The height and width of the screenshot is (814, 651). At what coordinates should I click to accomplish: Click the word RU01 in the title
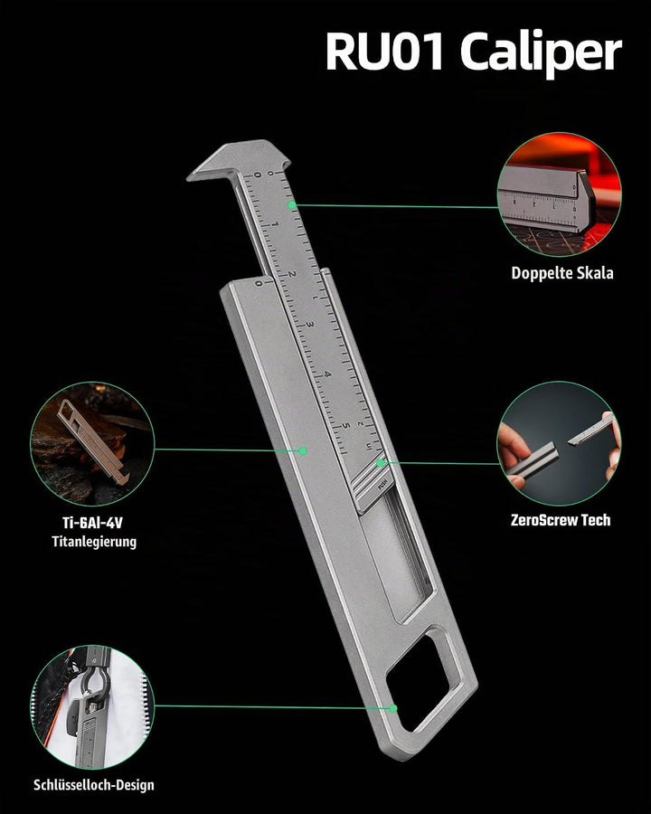coord(384,51)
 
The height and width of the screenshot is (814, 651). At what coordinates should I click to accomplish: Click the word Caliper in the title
coord(541,54)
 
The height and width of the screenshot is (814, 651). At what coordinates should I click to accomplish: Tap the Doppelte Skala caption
coord(562,273)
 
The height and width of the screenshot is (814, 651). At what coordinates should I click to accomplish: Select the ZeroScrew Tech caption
coord(561,520)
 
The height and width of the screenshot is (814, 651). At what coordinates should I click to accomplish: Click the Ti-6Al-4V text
coord(92,522)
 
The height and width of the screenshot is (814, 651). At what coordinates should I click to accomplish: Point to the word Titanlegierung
coord(94,542)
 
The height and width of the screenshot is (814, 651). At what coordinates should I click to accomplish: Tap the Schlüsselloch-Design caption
coord(94,784)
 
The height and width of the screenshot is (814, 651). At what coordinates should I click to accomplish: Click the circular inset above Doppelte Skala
coord(559,194)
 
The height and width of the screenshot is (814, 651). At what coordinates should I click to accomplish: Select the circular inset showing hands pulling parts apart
coord(559,443)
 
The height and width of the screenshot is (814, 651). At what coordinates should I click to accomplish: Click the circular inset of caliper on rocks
coord(92,444)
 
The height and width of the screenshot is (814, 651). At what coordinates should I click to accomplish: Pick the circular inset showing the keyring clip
coord(92,707)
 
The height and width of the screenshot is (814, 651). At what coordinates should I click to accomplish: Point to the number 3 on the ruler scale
coord(310,325)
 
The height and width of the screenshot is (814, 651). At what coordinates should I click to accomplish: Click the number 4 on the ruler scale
coord(327,374)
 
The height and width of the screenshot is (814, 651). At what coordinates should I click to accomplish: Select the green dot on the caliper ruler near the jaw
coord(292,204)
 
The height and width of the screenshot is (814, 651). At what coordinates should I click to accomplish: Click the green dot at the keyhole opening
coord(393,708)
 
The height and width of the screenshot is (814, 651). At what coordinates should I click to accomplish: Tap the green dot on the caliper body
coord(303,450)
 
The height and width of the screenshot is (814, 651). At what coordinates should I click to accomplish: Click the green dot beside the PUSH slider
coord(381,462)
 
